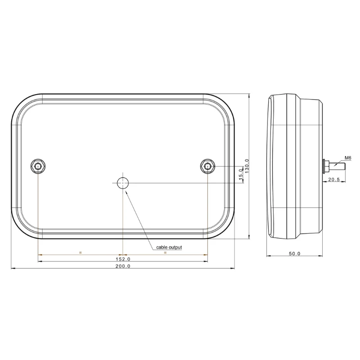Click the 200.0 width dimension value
click(x=123, y=266)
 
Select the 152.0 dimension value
click(x=123, y=259)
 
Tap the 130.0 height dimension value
click(x=247, y=166)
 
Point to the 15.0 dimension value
click(x=241, y=174)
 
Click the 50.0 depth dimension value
click(x=295, y=253)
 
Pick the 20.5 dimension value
click(x=334, y=179)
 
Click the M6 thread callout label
click(x=348, y=158)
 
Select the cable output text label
click(x=169, y=247)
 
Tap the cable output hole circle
click(x=123, y=183)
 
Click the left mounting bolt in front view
click(x=38, y=166)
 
